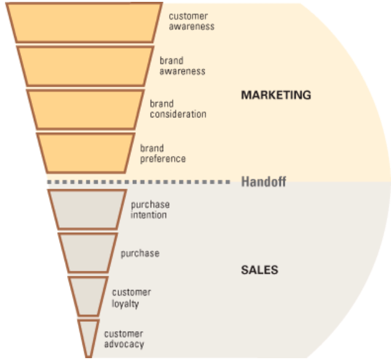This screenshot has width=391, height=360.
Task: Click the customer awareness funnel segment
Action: click(84, 23)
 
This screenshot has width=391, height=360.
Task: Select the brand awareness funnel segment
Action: click(85, 66)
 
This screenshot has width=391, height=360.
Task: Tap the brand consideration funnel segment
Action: click(85, 109)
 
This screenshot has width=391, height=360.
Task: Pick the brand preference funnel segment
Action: click(86, 153)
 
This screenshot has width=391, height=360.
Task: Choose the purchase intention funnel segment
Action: click(87, 209)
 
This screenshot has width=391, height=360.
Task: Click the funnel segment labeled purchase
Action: click(88, 253)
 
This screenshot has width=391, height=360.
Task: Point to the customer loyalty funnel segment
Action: click(89, 296)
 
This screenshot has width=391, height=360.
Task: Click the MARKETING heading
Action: click(276, 95)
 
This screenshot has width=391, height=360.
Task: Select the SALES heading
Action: click(259, 270)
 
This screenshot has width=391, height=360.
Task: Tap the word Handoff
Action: click(264, 182)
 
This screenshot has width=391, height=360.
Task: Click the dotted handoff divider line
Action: click(139, 182)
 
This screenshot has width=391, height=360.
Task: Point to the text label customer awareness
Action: click(192, 22)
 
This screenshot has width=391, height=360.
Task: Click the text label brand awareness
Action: click(183, 66)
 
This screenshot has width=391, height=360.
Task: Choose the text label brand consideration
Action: click(178, 109)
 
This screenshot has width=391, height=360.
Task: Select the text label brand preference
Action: click(163, 154)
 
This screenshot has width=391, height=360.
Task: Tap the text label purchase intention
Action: click(150, 209)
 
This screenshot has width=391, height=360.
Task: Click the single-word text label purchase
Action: click(140, 254)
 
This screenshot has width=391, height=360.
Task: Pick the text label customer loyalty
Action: click(131, 298)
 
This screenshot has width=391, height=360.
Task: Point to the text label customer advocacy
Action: click(124, 339)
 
